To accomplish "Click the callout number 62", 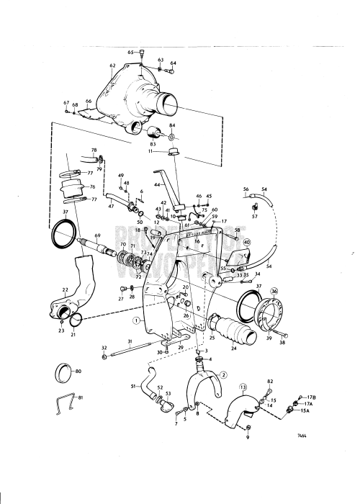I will (x=112, y=66).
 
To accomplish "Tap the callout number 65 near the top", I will (x=131, y=52).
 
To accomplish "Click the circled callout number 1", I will (x=136, y=319).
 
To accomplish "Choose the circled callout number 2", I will (x=223, y=375).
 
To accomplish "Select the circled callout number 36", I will (x=274, y=291).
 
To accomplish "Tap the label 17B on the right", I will (x=312, y=397).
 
